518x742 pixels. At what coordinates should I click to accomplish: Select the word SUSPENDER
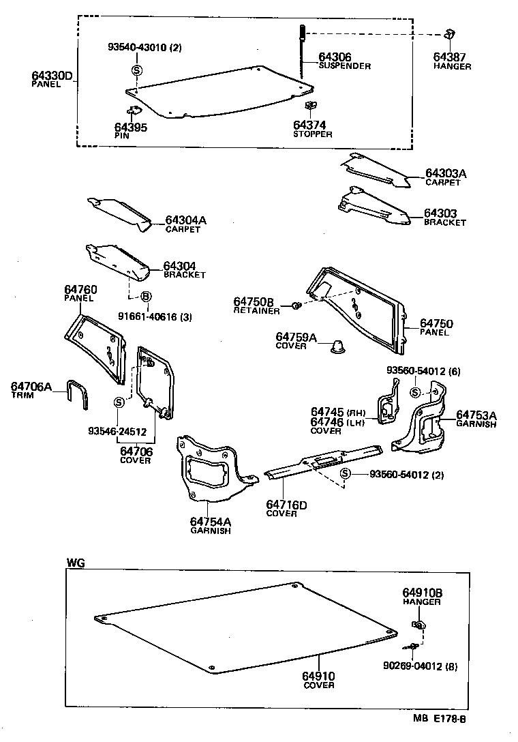click(344, 66)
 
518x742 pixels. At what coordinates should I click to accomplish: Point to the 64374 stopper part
click(311, 106)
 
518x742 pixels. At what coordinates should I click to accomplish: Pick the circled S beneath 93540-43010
click(137, 70)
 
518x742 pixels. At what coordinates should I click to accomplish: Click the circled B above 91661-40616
click(145, 297)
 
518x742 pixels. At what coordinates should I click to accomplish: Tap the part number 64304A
click(185, 220)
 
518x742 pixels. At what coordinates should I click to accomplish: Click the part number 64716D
click(286, 505)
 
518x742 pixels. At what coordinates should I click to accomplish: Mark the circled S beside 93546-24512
click(119, 402)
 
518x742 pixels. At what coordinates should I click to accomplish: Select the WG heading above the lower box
click(75, 563)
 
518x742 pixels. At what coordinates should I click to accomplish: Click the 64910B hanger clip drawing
click(418, 625)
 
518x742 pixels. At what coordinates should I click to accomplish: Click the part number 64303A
click(446, 174)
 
